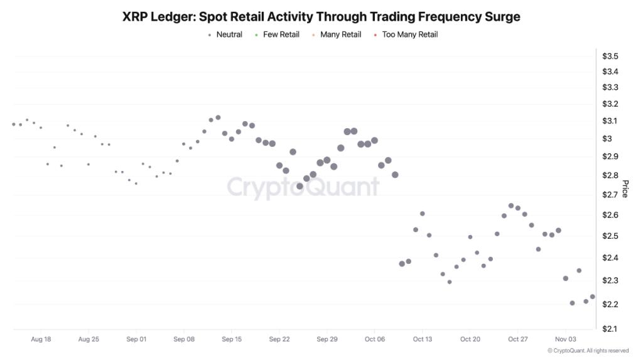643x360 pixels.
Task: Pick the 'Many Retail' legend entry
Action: point(340,35)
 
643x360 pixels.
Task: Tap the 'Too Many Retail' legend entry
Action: point(409,35)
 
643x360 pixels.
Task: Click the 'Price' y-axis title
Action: point(625,188)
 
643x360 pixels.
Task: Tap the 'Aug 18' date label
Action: point(41,339)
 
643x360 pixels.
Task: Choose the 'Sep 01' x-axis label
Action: point(136,339)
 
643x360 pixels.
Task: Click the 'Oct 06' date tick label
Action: point(374,339)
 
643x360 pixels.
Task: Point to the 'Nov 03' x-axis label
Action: point(565,339)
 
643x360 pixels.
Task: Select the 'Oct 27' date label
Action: point(517,339)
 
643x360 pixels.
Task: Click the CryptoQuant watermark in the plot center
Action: point(303,187)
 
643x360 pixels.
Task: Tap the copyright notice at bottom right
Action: point(588,351)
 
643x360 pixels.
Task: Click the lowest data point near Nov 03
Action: point(572,303)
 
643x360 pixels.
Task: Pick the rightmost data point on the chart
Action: point(592,297)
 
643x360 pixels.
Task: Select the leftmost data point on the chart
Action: point(14,124)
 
